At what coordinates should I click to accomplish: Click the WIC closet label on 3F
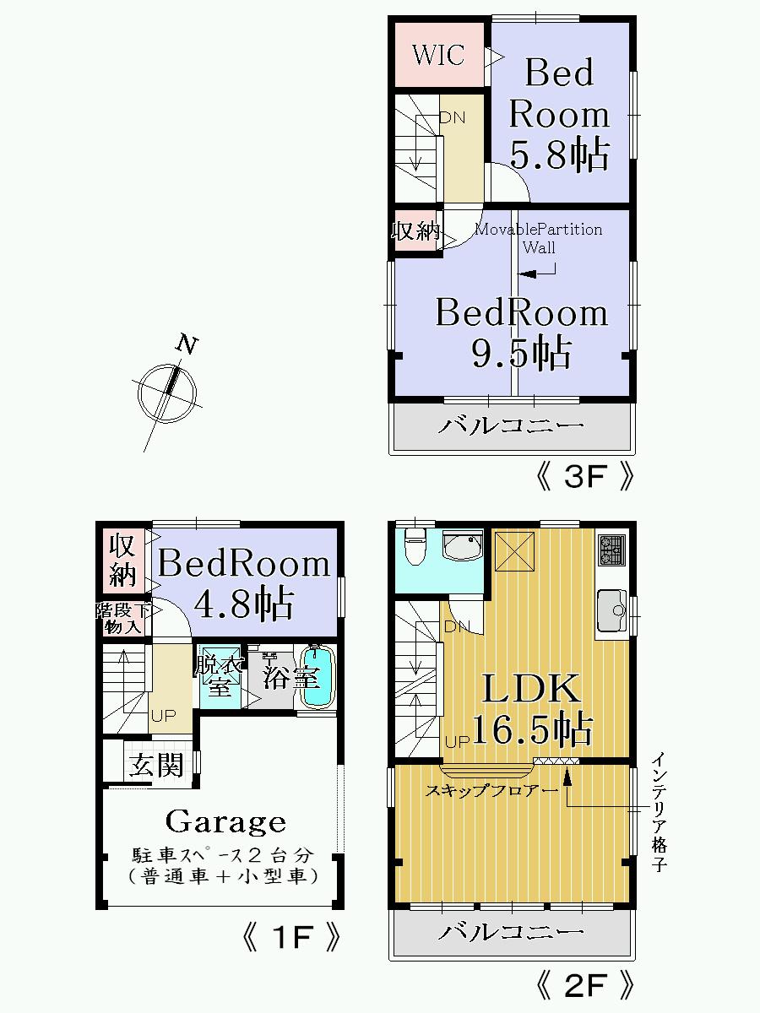pos(437,55)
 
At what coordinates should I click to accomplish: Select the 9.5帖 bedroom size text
pos(520,352)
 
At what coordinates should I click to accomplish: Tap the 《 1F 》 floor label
pos(291,938)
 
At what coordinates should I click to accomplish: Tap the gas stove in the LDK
pos(611,550)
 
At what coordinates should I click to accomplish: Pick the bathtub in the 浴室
pos(318,677)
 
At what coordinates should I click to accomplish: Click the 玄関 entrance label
pos(156,765)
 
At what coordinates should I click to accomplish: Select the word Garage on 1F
pos(225,821)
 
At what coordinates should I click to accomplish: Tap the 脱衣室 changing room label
pos(219,676)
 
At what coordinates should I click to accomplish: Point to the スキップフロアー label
pos(480,791)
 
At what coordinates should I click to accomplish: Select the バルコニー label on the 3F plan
pos(511,425)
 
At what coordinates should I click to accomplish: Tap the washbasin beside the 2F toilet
pos(461,547)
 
